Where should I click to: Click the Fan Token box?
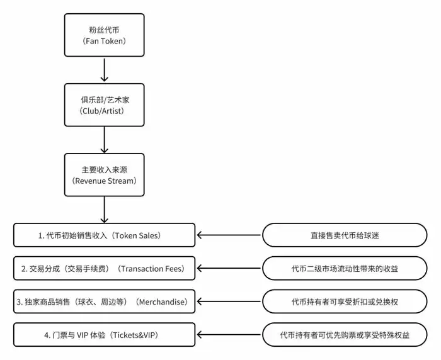click(104, 35)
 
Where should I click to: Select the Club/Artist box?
click(104, 104)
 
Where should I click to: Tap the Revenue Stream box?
click(104, 175)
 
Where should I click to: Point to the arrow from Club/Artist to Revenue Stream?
click(104, 140)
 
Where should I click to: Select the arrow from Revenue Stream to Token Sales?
click(104, 210)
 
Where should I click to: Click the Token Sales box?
click(104, 235)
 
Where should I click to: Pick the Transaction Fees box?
click(104, 269)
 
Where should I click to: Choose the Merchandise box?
click(104, 302)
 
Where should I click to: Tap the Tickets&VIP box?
click(104, 335)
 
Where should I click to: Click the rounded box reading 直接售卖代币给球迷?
click(345, 235)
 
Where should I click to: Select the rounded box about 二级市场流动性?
click(345, 269)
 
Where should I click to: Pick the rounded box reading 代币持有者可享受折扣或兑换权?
click(345, 302)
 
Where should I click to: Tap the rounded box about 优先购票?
click(345, 335)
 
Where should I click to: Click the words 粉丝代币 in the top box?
click(104, 29)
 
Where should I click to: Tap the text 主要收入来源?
click(104, 169)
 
